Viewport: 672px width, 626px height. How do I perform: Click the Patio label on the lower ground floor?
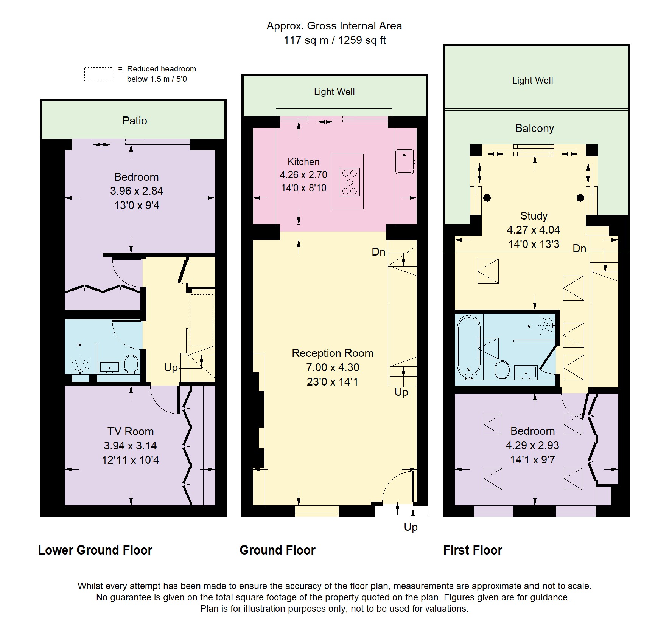(134, 121)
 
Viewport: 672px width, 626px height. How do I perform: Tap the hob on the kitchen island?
(349, 182)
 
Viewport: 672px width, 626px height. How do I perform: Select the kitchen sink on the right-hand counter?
(404, 162)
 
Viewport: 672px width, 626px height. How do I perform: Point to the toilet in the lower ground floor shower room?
(131, 364)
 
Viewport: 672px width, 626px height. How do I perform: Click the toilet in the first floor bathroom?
(502, 369)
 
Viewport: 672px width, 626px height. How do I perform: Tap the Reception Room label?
(332, 353)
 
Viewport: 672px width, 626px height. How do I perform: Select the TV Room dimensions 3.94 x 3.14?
(130, 446)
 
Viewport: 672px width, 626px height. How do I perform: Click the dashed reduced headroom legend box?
(98, 74)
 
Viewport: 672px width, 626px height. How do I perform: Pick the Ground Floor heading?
(277, 550)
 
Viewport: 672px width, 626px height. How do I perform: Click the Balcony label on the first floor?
(534, 128)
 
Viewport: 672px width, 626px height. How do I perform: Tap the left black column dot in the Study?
(487, 198)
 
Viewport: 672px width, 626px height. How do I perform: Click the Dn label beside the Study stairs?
(579, 248)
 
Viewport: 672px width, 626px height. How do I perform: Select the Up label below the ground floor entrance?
(411, 527)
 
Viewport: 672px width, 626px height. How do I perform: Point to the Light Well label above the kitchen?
(334, 92)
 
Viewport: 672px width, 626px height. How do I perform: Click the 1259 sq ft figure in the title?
(362, 40)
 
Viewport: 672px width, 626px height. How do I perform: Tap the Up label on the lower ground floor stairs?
(171, 367)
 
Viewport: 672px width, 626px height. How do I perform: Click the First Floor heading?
(473, 550)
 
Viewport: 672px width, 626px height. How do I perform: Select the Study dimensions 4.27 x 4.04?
(533, 230)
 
